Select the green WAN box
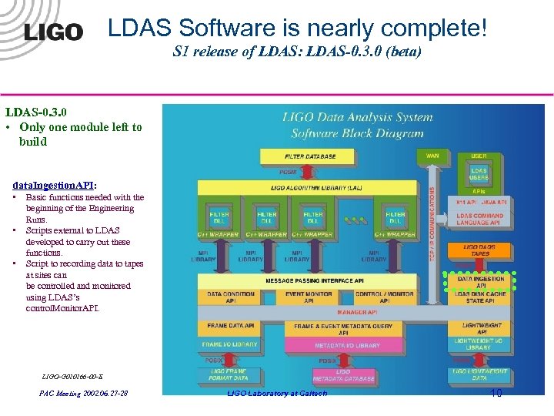pyautogui.click(x=432, y=156)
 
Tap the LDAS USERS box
pyautogui.click(x=479, y=174)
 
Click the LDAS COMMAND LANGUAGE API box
pyautogui.click(x=479, y=219)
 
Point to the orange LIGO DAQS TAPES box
pyautogui.click(x=480, y=250)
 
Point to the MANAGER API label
pyautogui.click(x=356, y=313)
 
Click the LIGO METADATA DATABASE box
pyautogui.click(x=343, y=375)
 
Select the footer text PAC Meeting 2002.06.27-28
pyautogui.click(x=84, y=394)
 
